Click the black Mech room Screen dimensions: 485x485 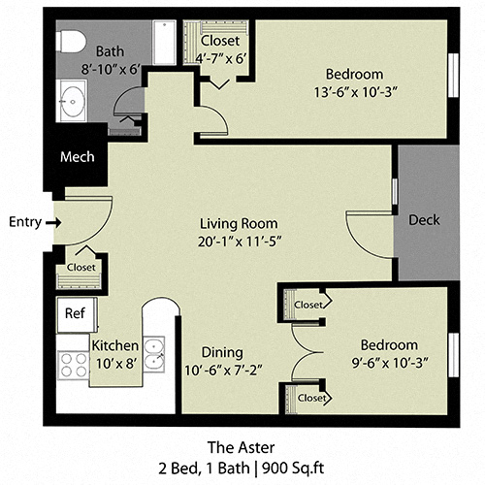pyautogui.click(x=77, y=157)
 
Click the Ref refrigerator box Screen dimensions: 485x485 pyautogui.click(x=75, y=313)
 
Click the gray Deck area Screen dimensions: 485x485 pyautogui.click(x=424, y=220)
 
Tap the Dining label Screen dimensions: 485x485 pyautogui.click(x=222, y=352)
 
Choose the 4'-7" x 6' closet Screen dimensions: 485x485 pyautogui.click(x=221, y=48)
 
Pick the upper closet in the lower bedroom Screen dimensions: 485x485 pyautogui.click(x=307, y=305)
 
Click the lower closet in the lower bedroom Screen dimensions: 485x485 pyautogui.click(x=311, y=397)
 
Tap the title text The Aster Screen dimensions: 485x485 pyautogui.click(x=242, y=447)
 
